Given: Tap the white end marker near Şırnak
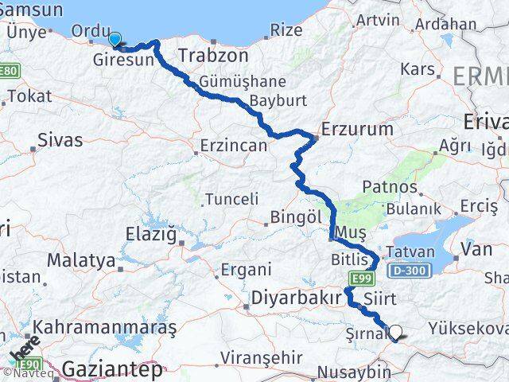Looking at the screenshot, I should tap(395, 335).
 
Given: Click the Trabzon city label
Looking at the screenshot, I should tap(214, 56).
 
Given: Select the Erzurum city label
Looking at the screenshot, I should tap(357, 128).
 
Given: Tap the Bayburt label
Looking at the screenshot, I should tap(278, 101).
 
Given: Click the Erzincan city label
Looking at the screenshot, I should tap(232, 147).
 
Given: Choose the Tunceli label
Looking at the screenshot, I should tap(231, 199).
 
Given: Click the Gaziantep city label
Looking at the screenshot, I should tap(112, 369).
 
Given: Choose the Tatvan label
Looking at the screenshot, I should tap(410, 252).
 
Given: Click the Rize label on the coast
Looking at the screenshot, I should tap(286, 29).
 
